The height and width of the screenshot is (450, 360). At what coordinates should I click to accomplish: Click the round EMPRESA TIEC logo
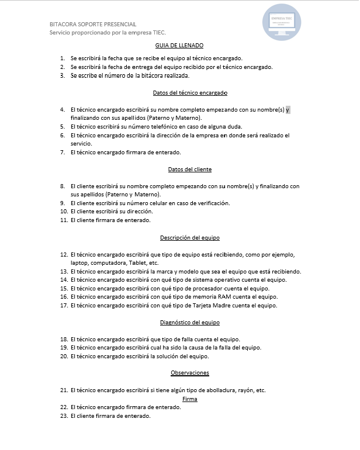coord(282,22)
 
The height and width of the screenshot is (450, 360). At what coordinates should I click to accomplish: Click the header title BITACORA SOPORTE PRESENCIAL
coord(93,24)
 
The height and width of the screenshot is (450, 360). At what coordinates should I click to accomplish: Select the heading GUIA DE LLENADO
coord(179,45)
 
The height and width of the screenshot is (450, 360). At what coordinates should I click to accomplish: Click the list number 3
coord(63,76)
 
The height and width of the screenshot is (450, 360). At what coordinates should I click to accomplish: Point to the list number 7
coord(63,153)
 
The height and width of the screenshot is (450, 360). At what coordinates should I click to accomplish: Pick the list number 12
coord(64,255)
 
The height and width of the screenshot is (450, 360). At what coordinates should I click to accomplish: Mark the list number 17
coord(64,306)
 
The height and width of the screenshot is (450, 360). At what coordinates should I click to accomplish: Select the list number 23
coord(64,416)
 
